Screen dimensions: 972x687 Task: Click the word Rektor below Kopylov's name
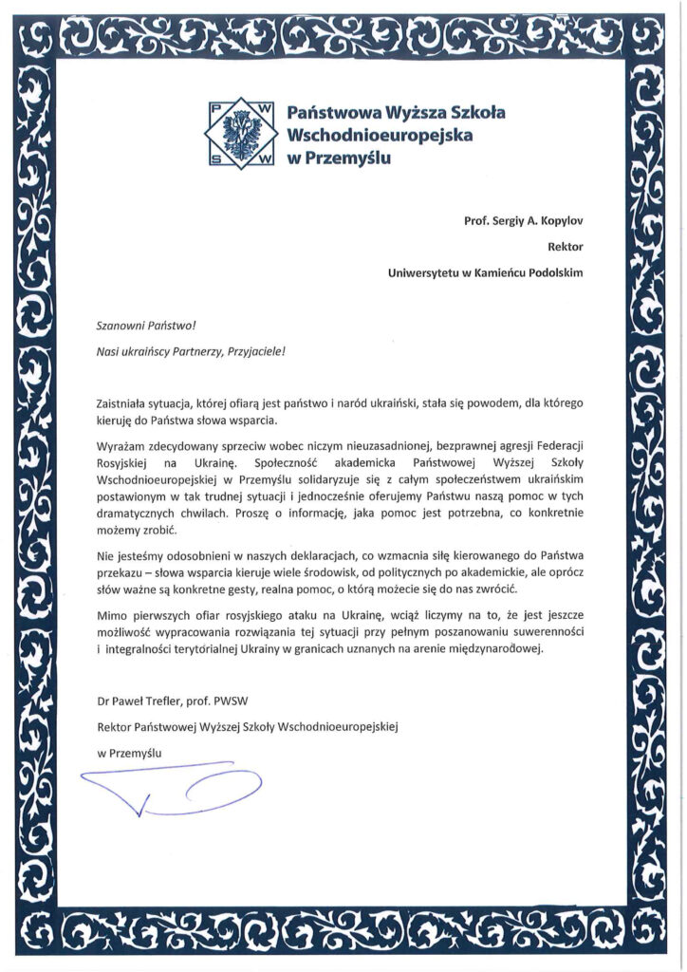[565, 247]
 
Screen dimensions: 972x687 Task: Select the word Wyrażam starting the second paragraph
[121, 446]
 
